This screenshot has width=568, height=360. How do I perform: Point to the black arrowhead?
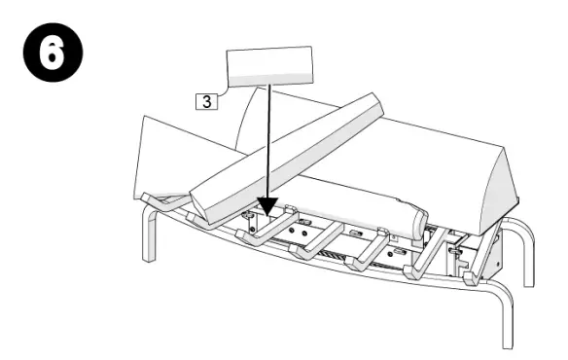(266, 206)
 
